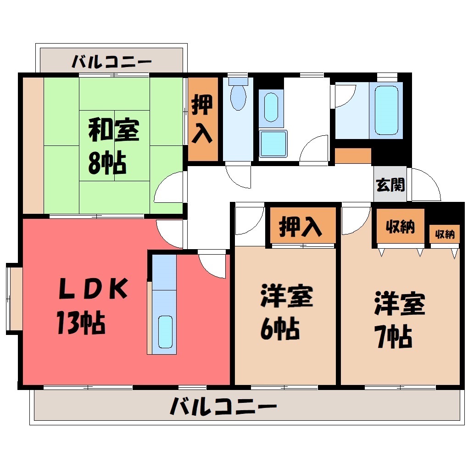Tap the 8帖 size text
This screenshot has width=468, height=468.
107,163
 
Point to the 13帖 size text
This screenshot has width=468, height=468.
81,323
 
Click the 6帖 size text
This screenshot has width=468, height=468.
280,329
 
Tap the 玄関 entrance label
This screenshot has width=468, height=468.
390,185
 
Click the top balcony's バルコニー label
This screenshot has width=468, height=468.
112,62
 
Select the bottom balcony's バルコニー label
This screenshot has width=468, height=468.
223,406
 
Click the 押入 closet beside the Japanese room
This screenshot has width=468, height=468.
203,119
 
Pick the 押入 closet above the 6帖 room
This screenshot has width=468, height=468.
303,225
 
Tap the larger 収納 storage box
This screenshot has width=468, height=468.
400,226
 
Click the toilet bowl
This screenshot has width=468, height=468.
238,97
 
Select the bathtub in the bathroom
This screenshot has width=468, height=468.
386,111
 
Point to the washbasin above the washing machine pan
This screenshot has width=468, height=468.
271,107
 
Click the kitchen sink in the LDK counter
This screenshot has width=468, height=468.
165,332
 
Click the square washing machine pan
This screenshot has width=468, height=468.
273,144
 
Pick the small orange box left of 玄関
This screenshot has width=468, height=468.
353,156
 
